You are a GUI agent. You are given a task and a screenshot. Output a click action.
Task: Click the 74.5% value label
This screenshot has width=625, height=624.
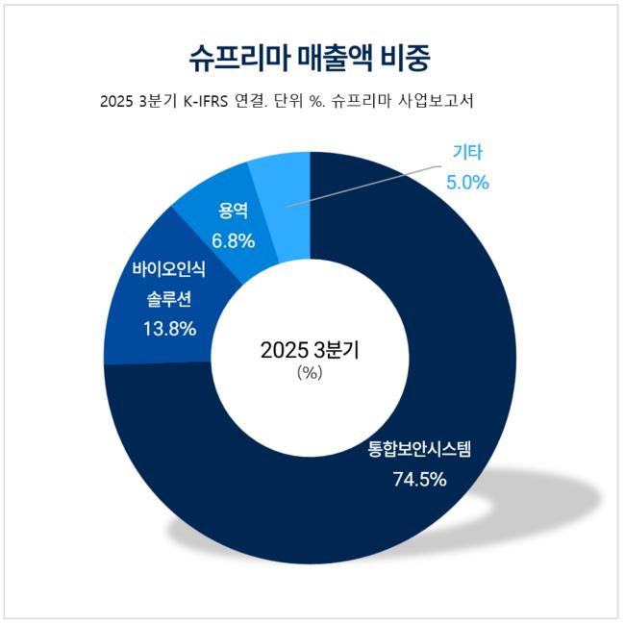pyautogui.click(x=419, y=478)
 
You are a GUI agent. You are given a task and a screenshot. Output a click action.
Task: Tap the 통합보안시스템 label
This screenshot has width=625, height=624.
pyautogui.click(x=419, y=449)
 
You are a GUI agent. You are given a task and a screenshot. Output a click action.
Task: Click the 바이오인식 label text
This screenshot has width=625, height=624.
pyautogui.click(x=168, y=270)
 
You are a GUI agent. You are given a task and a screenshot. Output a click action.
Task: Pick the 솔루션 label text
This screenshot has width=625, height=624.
pyautogui.click(x=168, y=299)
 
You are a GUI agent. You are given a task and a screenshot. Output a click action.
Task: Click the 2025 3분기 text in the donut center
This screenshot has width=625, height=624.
pyautogui.click(x=309, y=352)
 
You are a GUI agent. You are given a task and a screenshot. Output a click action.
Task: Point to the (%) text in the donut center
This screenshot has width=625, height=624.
pyautogui.click(x=309, y=374)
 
